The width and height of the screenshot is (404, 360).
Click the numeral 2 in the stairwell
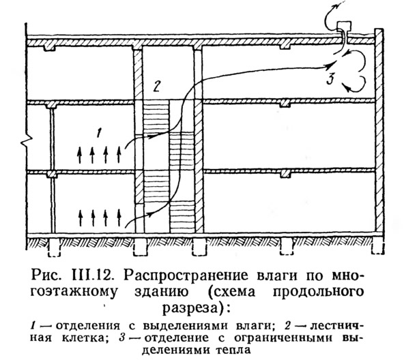click(157, 86)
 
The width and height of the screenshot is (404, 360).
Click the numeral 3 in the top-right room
click(330, 79)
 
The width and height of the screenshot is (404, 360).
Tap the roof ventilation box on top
click(344, 27)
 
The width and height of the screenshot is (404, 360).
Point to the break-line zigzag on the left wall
click(26, 140)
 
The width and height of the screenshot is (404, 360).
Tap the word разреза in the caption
click(191, 307)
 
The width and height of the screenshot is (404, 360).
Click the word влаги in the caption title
click(278, 277)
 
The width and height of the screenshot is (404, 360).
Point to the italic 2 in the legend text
click(288, 326)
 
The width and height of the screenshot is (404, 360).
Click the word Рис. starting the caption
click(46, 276)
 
